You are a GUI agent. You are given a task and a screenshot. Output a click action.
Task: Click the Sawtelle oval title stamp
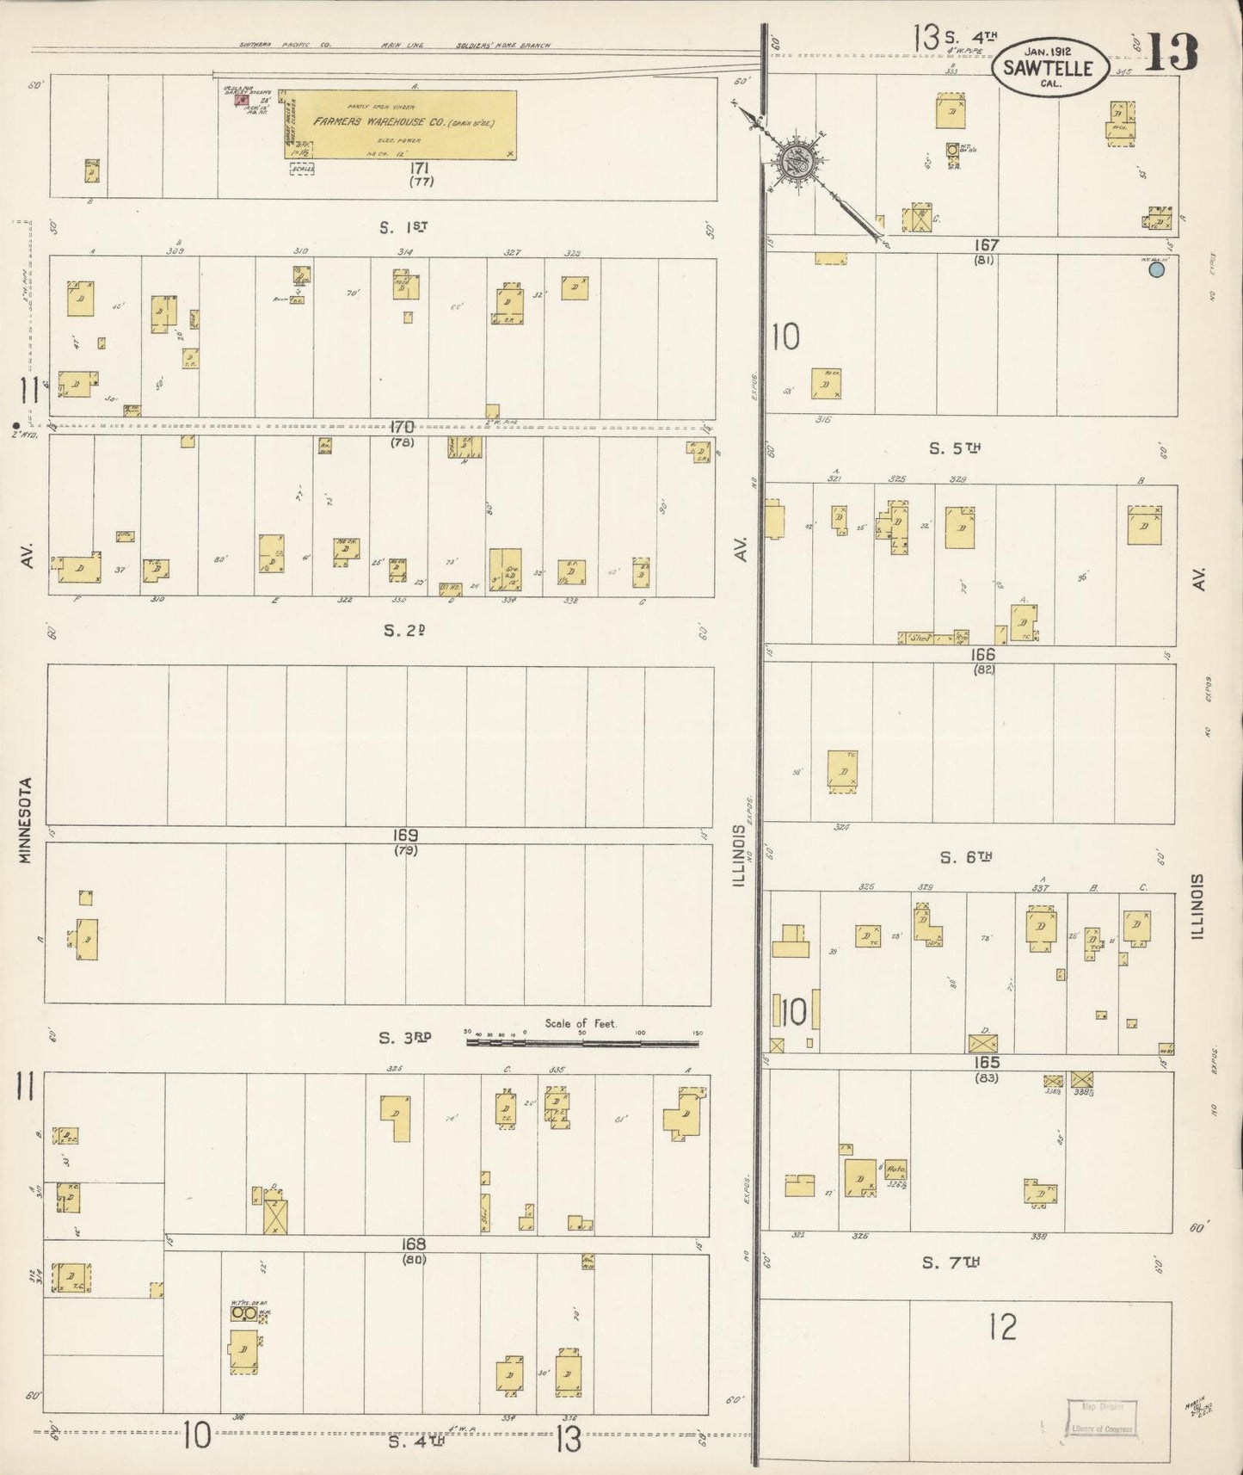pyautogui.click(x=1049, y=65)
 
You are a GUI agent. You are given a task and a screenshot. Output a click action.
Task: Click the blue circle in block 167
pyautogui.click(x=1157, y=269)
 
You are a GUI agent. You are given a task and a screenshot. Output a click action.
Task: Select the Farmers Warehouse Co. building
pyautogui.click(x=401, y=125)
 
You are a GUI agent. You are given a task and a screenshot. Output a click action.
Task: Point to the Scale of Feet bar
pyautogui.click(x=582, y=1042)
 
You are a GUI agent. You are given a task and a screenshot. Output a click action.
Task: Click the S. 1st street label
pyautogui.click(x=403, y=228)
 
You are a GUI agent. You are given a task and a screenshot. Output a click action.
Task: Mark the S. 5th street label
pyautogui.click(x=955, y=448)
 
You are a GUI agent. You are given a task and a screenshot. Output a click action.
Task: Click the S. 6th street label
pyautogui.click(x=966, y=857)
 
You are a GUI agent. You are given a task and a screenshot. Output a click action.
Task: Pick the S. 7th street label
pyautogui.click(x=951, y=1262)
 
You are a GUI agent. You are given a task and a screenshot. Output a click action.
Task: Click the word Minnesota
pyautogui.click(x=26, y=820)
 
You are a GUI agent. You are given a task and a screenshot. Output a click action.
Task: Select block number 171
pyautogui.click(x=420, y=168)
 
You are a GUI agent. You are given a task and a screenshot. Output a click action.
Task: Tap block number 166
pyautogui.click(x=982, y=655)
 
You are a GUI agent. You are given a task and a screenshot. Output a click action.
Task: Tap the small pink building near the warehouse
pyautogui.click(x=241, y=100)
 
